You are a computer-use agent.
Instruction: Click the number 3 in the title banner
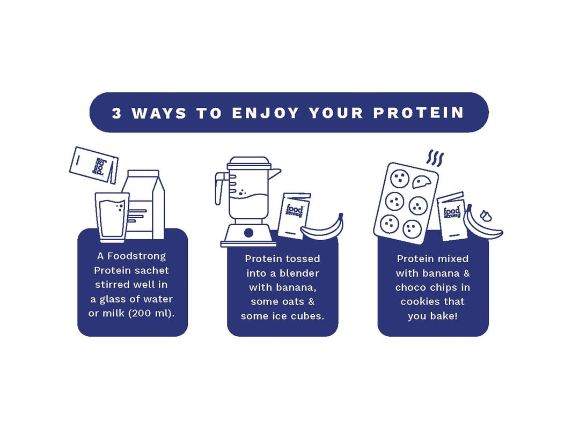point(116,113)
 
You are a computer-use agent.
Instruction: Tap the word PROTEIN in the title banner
point(419,113)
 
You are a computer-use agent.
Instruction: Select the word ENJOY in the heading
point(265,113)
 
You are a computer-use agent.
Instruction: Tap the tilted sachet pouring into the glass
point(94,165)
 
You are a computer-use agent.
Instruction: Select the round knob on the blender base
point(249,233)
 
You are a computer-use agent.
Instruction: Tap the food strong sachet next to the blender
point(294,216)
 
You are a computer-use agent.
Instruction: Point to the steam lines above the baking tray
point(435,158)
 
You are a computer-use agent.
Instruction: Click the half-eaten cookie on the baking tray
point(421,181)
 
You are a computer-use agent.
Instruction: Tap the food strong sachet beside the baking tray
point(452,217)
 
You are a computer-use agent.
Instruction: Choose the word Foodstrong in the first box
point(136,256)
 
